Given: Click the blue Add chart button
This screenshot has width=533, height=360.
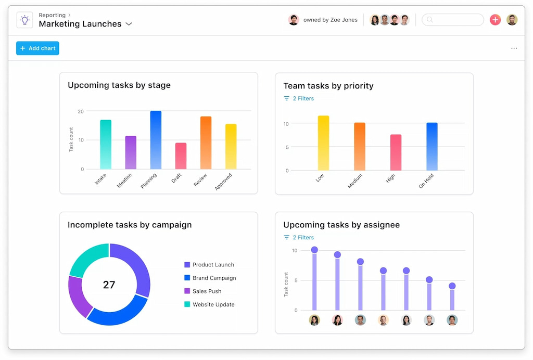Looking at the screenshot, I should (x=37, y=48).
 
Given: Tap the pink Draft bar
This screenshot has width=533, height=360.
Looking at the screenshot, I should (x=181, y=156).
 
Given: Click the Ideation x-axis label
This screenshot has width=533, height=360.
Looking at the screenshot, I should (x=125, y=180).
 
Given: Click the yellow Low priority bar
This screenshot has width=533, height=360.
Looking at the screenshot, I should (x=323, y=143).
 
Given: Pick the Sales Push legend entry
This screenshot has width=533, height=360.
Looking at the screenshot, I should (x=207, y=291).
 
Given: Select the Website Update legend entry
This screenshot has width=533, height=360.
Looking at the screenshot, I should (x=213, y=305).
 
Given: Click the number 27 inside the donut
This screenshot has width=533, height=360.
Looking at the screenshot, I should (x=109, y=285).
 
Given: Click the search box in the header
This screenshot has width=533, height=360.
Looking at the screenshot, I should (x=453, y=20).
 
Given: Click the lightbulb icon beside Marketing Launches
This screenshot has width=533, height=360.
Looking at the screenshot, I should (x=24, y=20).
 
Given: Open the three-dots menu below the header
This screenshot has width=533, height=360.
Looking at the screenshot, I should (x=514, y=48).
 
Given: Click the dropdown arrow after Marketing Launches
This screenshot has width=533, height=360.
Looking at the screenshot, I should (x=129, y=24).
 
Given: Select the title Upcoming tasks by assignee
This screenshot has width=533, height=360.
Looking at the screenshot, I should (x=341, y=225).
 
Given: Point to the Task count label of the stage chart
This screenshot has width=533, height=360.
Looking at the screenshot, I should (x=71, y=139).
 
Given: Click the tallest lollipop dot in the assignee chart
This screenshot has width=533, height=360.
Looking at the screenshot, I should (x=314, y=250).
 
